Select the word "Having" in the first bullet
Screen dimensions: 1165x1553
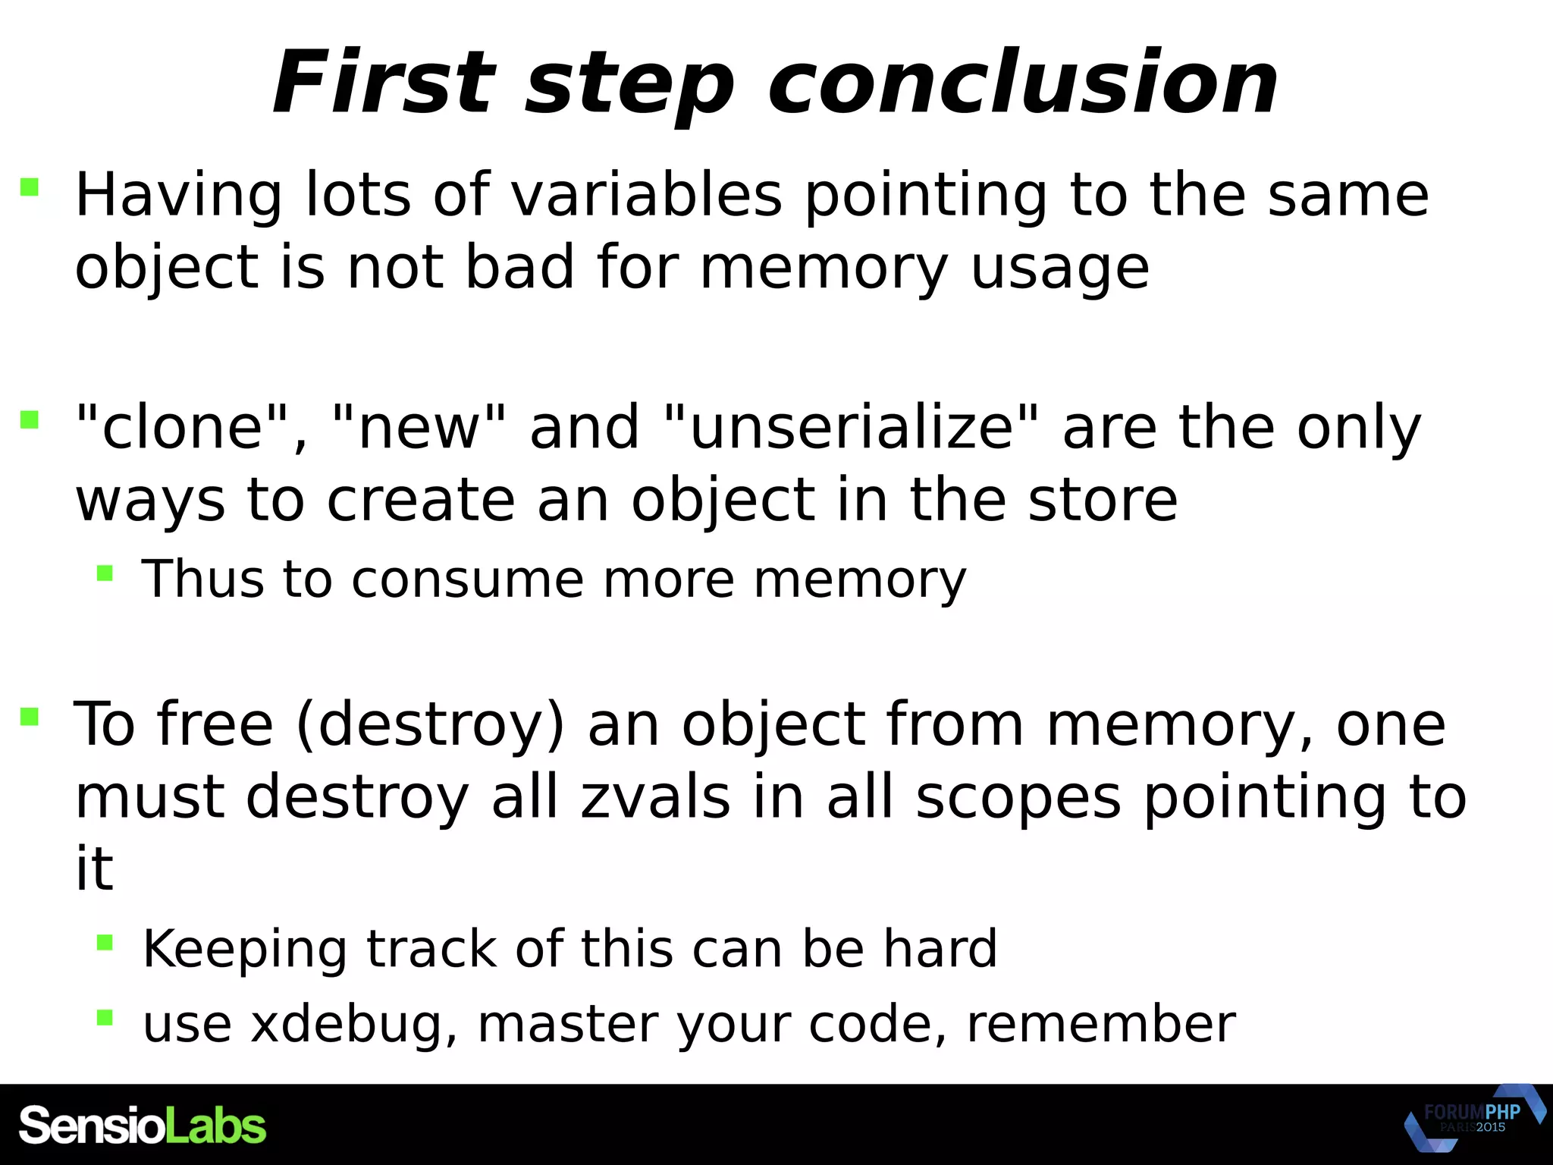(179, 196)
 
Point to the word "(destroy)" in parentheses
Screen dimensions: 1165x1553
(431, 724)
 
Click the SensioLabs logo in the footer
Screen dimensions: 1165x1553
(143, 1126)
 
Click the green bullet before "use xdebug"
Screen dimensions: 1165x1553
(105, 1017)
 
